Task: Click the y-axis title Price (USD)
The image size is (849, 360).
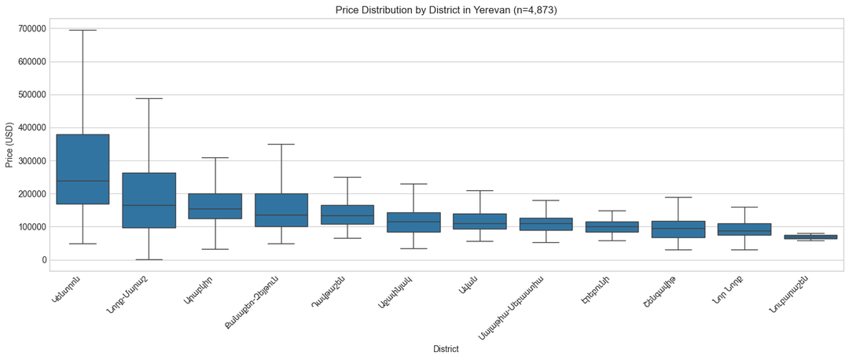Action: (9, 145)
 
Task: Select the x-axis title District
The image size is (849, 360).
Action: (446, 349)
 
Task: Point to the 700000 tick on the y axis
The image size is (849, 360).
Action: (26, 29)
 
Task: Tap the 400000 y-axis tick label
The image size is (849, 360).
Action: (26, 128)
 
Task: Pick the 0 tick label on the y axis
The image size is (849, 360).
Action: (42, 260)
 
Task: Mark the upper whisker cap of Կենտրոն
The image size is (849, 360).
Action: (83, 30)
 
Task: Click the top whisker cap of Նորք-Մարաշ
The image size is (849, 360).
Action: (149, 98)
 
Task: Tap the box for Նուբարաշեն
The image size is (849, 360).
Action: (810, 237)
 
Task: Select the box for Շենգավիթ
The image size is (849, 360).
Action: (678, 229)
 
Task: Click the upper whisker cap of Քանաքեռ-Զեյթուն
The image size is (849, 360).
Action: (281, 144)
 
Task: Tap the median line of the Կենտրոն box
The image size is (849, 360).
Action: (83, 181)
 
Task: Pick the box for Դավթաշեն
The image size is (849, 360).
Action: (347, 215)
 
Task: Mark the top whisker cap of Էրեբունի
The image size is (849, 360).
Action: (612, 211)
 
